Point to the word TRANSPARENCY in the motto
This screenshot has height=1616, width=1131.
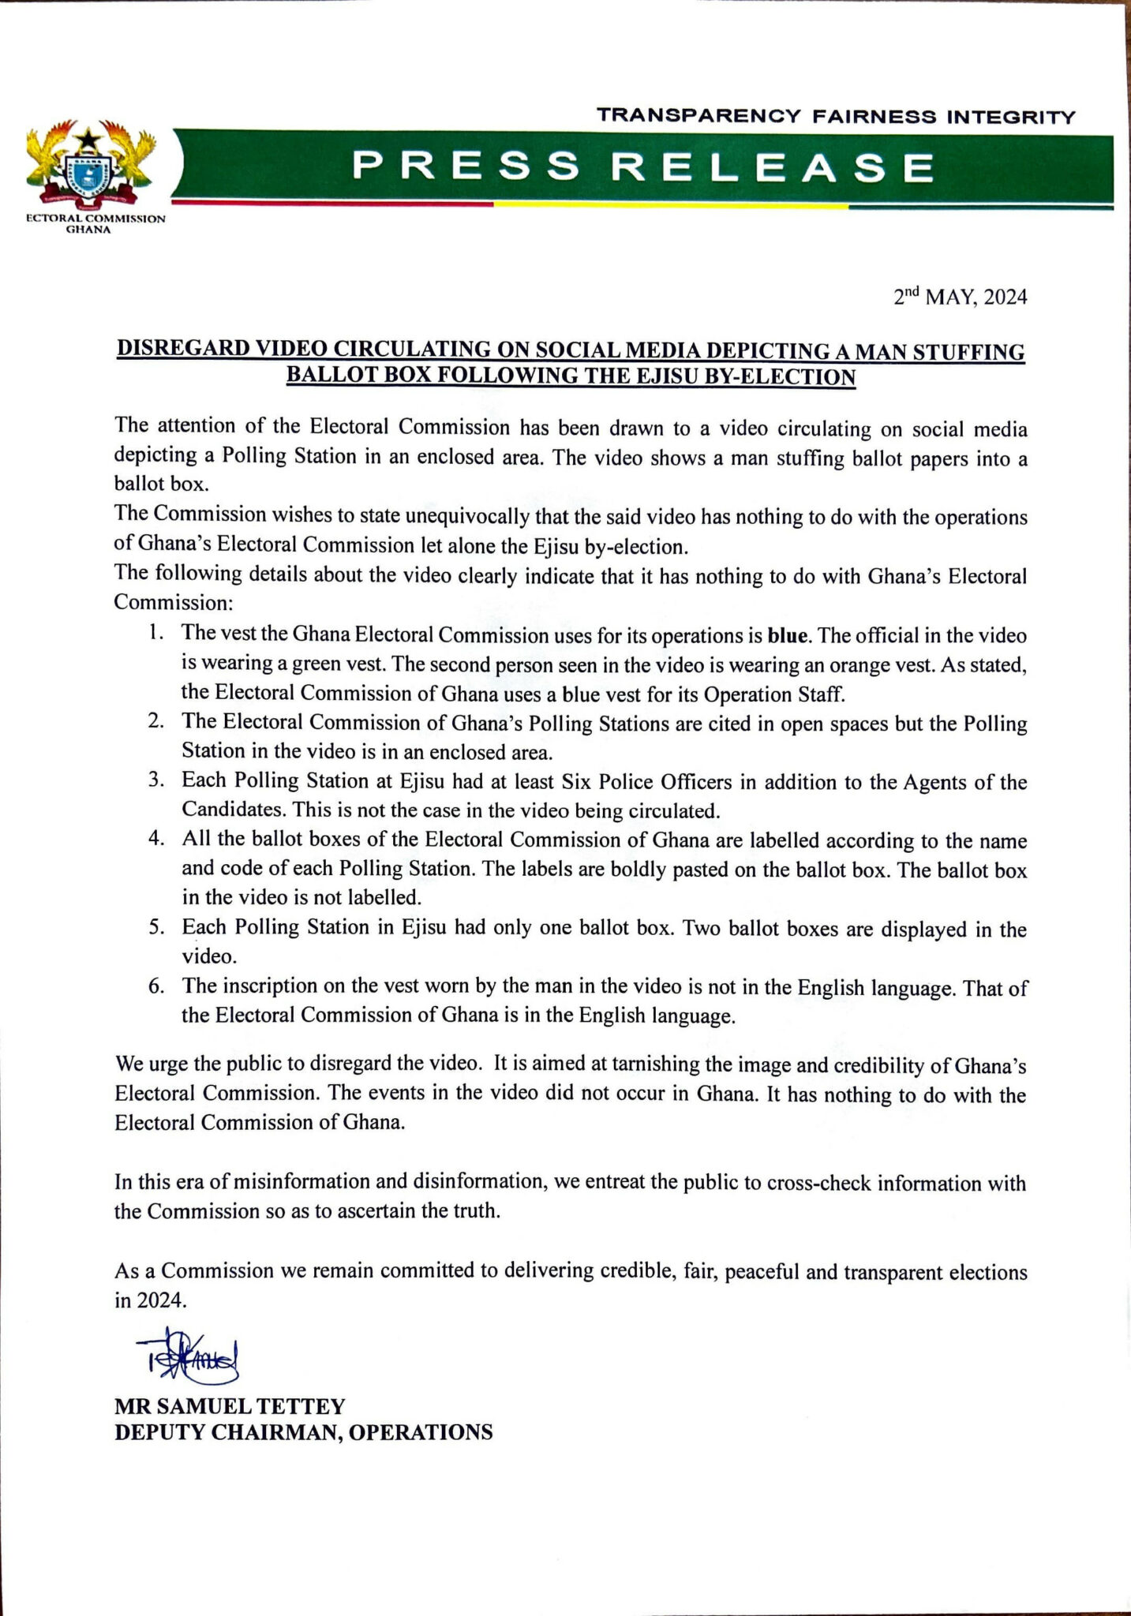[x=698, y=117]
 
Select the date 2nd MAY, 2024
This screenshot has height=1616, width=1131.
[x=960, y=297]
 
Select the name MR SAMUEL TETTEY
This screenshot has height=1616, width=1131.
[x=230, y=1405]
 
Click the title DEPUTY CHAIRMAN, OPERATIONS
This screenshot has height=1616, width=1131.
[x=303, y=1432]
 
